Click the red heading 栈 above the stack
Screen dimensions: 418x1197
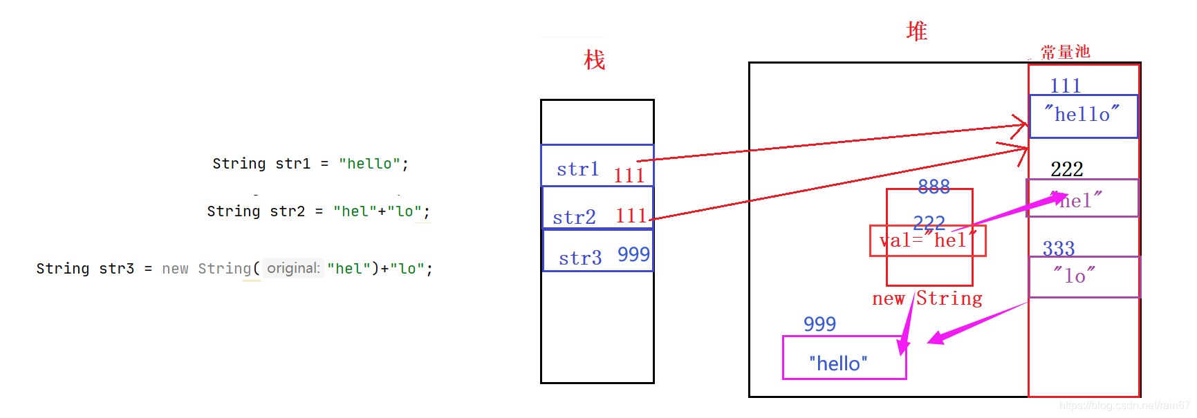[594, 60]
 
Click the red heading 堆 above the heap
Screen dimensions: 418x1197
[916, 31]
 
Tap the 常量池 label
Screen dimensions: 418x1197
[1065, 52]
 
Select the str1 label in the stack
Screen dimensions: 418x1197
[577, 169]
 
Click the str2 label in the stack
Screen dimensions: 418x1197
[574, 218]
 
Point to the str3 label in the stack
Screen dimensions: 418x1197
[580, 258]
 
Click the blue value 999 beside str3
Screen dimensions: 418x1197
[633, 255]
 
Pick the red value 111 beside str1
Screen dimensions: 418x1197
[629, 175]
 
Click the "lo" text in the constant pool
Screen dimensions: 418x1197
[1074, 276]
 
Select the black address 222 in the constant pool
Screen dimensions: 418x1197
[1066, 169]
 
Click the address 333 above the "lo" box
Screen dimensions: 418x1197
[1058, 248]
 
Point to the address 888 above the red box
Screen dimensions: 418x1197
[934, 187]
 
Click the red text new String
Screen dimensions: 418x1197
[927, 298]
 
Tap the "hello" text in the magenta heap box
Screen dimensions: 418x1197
[838, 363]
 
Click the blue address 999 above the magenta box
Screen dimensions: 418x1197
[819, 323]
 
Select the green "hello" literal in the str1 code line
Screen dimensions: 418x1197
[369, 164]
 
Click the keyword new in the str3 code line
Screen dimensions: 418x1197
[175, 269]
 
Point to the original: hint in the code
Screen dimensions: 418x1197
[293, 268]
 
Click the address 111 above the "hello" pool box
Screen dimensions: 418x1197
[1065, 86]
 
